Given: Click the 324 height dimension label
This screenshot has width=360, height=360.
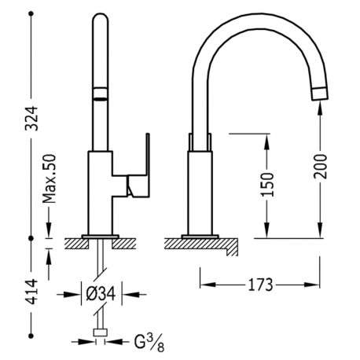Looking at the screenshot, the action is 33,118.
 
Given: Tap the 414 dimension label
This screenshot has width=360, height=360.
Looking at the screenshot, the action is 33,292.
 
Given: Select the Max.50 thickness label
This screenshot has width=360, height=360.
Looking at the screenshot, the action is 50,179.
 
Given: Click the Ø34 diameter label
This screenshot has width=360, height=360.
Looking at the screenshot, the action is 101,294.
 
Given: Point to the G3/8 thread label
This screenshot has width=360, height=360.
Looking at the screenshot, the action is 149,343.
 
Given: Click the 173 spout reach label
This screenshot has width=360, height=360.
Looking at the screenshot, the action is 260,285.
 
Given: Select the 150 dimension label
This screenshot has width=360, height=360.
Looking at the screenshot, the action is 267,185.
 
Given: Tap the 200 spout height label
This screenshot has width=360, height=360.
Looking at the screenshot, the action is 320,167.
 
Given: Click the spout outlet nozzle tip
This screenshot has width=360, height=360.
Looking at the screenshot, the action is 319,94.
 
